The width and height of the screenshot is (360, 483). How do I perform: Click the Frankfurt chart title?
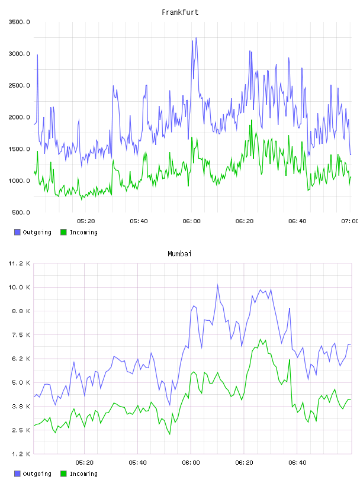pos(180,12)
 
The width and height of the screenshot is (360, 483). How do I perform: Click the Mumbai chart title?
pos(179,254)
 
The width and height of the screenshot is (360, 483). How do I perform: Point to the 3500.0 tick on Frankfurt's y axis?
pos(20,22)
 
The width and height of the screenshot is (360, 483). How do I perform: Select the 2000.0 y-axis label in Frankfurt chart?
pos(20,117)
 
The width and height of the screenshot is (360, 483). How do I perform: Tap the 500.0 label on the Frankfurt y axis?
pos(21,212)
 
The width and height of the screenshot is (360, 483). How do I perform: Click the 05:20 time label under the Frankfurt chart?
pos(86,221)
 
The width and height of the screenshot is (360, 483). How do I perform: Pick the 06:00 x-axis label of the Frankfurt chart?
pos(191,221)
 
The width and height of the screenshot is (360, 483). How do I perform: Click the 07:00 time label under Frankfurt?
pos(350,221)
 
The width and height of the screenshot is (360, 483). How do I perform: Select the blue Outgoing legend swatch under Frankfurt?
pos(17,232)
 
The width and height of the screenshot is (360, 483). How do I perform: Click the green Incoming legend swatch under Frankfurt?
pos(63,232)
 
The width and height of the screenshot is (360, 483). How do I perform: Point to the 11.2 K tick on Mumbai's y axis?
pos(20,263)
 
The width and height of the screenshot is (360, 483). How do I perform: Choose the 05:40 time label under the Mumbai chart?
pos(138,463)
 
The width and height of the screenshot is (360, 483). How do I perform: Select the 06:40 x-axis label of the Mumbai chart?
pos(297,463)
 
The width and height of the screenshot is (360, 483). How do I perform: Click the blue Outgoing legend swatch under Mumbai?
pos(17,474)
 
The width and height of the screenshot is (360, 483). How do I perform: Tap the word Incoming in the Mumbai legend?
pos(83,474)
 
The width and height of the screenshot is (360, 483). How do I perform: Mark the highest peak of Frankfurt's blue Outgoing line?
pos(196,38)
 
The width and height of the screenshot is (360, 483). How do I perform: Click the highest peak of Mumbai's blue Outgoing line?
pos(218,285)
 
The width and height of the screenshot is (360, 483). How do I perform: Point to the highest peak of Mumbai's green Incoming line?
pos(261,339)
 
